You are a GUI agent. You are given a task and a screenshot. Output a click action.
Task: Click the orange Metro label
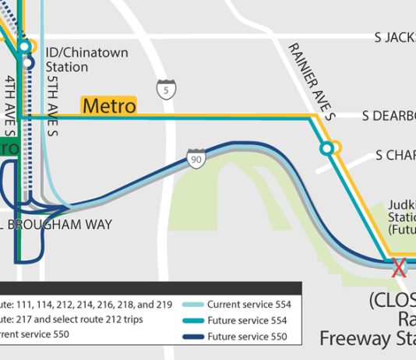click(108, 105)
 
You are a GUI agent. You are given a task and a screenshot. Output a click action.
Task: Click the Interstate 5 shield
click(164, 88)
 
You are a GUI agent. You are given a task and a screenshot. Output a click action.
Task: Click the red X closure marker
click(399, 268)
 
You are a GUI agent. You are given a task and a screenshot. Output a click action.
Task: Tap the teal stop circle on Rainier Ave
click(328, 147)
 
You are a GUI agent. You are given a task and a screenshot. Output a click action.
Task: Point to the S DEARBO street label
click(389, 116)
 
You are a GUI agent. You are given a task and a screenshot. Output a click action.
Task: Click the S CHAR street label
click(395, 156)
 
